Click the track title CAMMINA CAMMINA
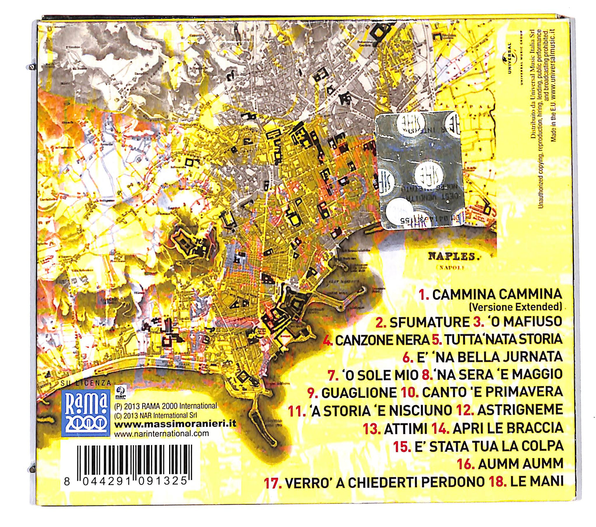click(x=497, y=294)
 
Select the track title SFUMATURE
click(x=429, y=322)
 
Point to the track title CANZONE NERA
click(x=382, y=340)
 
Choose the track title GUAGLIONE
click(x=359, y=393)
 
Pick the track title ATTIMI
click(x=405, y=429)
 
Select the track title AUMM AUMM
click(x=521, y=464)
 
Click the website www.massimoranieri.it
click(x=175, y=424)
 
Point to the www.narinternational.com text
click(x=162, y=434)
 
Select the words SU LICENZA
click(x=86, y=383)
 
